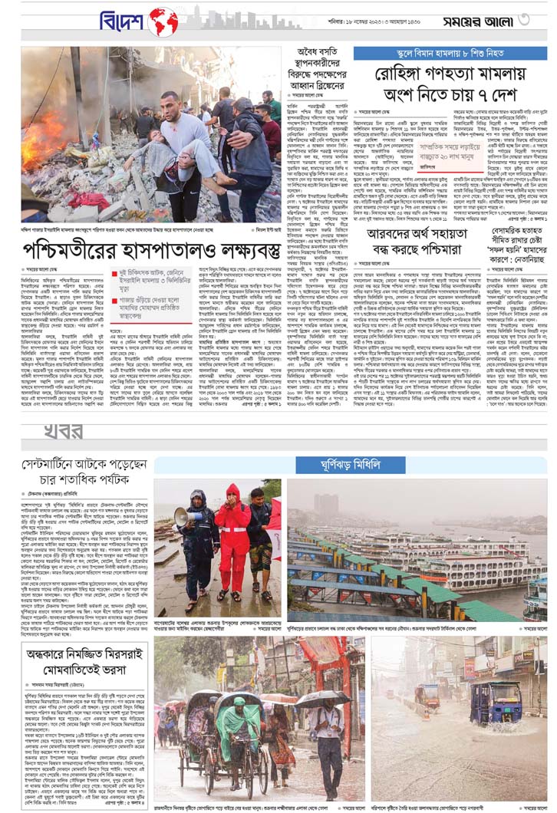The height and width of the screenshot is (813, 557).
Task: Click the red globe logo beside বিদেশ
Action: (163, 22)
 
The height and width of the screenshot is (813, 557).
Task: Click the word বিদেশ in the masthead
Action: (122, 21)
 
